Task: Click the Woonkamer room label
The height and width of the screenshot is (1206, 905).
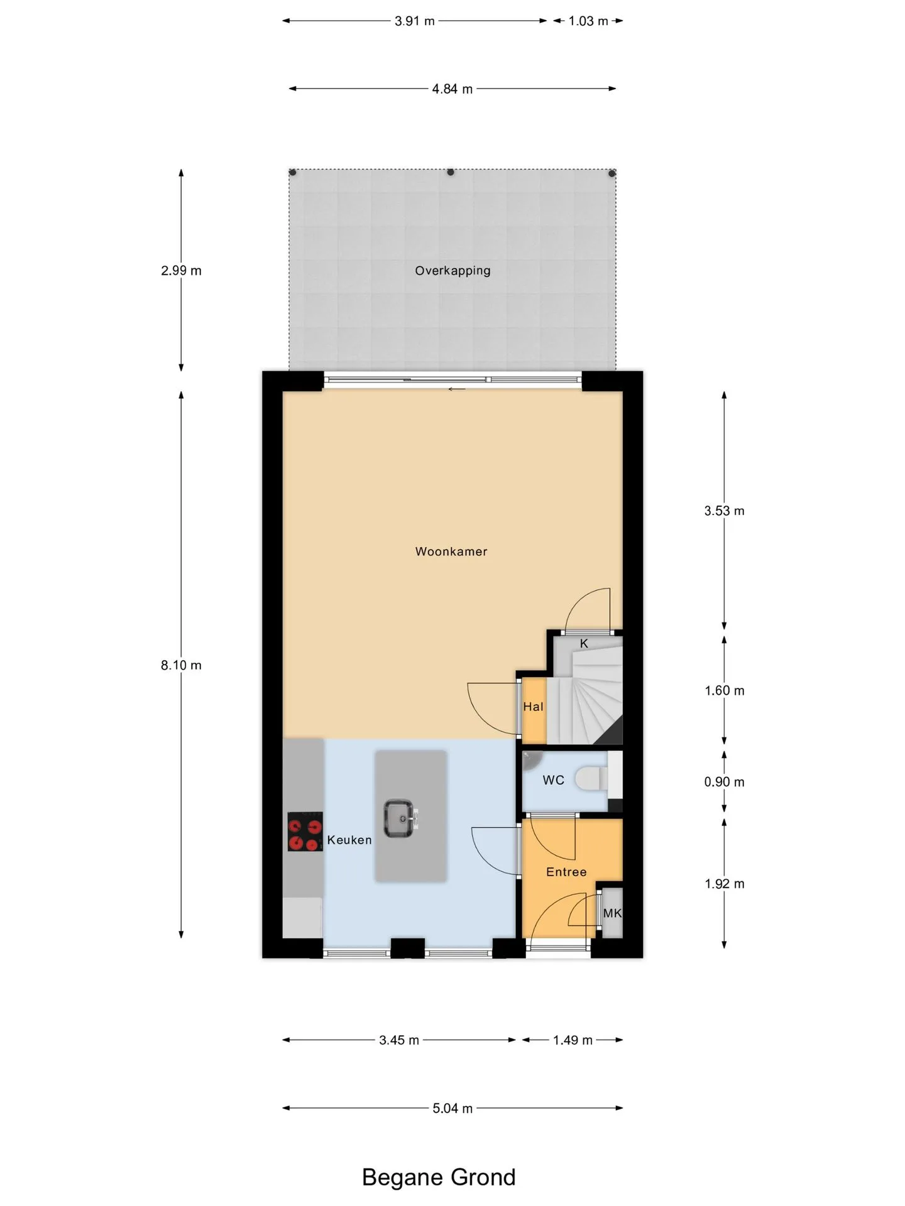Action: pos(451,551)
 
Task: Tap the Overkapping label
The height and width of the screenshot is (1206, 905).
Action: pos(452,271)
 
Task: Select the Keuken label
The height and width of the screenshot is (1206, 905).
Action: pos(349,840)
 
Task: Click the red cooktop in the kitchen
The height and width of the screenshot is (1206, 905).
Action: pos(305,832)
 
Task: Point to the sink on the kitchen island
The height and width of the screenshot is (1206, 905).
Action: pos(400,818)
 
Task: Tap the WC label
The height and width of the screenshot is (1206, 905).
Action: pos(554,780)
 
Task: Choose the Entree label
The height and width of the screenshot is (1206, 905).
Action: pos(566,872)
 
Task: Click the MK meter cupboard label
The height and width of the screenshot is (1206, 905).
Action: pos(612,913)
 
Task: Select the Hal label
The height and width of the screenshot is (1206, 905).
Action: pos(533,707)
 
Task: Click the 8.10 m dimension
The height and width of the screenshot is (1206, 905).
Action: pos(181,665)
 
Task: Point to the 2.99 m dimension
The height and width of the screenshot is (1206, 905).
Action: pos(181,271)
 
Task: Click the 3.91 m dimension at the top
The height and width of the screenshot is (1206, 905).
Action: pos(415,21)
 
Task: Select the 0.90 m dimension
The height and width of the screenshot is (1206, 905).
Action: pos(724,782)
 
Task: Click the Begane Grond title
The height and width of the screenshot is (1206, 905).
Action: pos(439,1177)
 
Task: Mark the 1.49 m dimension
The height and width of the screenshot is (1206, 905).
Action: pos(573,1040)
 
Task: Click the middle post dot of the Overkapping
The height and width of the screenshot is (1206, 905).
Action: pos(451,172)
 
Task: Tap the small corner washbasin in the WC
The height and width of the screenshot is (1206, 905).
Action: pos(531,760)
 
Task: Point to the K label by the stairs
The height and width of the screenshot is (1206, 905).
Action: pos(584,644)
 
